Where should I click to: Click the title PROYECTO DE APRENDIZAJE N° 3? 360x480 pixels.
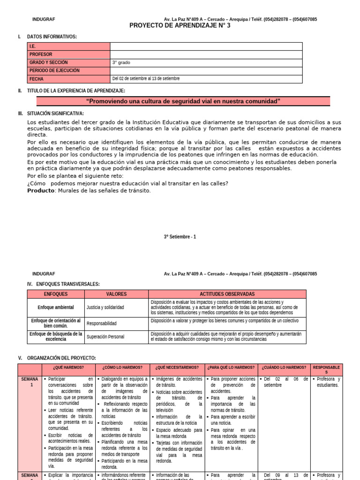click(x=180, y=26)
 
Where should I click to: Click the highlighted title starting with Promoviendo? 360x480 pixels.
click(x=183, y=101)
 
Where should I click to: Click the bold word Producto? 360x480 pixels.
click(x=41, y=190)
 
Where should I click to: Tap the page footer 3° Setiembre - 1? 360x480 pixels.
click(x=180, y=237)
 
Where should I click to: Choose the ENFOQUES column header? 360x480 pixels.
click(x=56, y=294)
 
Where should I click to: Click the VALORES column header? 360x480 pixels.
click(x=116, y=294)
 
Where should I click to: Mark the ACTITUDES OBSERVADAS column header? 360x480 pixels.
click(x=227, y=294)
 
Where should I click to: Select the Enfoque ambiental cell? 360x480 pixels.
click(x=56, y=307)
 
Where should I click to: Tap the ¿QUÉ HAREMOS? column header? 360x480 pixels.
click(x=69, y=367)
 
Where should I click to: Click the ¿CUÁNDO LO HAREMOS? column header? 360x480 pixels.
click(x=284, y=367)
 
